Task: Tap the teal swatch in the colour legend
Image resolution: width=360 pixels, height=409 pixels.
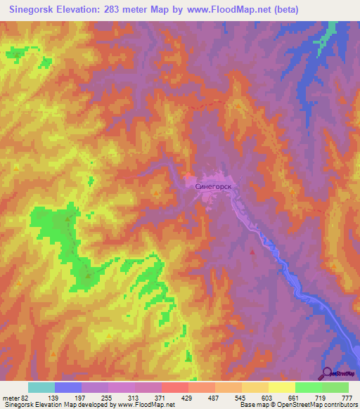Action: click(41, 387)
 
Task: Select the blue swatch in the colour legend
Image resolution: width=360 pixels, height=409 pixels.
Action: click(68, 387)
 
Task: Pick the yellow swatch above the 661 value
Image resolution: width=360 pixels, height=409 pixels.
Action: click(281, 387)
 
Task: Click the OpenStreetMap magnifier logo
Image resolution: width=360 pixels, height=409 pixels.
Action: click(328, 374)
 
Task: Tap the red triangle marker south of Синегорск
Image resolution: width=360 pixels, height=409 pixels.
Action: click(252, 250)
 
